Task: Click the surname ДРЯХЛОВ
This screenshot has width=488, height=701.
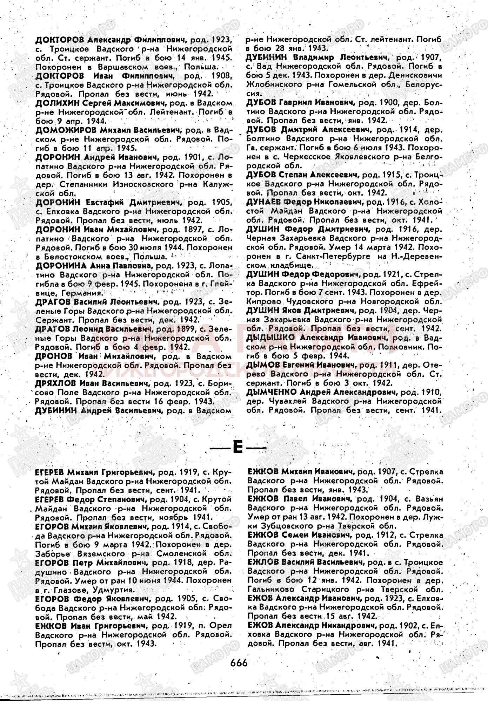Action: pos(56,383)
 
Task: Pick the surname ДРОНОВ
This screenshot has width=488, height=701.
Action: pos(53,356)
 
